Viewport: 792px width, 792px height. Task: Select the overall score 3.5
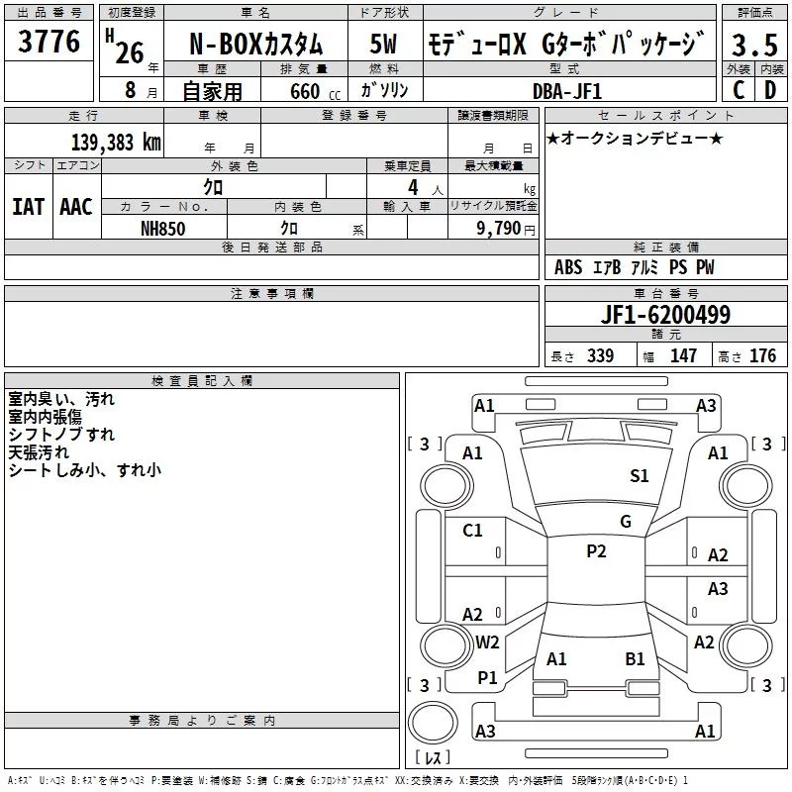click(753, 45)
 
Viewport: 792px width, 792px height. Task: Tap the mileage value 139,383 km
click(116, 142)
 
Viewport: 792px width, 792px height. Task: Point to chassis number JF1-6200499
click(665, 316)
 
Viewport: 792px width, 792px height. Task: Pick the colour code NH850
click(163, 228)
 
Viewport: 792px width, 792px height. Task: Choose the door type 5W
click(385, 45)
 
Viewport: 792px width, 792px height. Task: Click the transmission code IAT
click(28, 207)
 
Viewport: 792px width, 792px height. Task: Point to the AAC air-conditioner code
click(76, 207)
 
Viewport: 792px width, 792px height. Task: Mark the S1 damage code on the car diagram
click(640, 476)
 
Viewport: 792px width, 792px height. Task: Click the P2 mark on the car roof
click(596, 551)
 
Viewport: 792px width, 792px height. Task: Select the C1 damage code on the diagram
click(473, 531)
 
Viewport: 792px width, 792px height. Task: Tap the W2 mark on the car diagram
click(487, 643)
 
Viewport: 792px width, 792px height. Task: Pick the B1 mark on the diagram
click(635, 658)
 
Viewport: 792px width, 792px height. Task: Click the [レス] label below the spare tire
click(433, 758)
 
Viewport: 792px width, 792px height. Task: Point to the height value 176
click(763, 356)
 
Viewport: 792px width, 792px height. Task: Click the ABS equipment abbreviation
click(568, 267)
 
